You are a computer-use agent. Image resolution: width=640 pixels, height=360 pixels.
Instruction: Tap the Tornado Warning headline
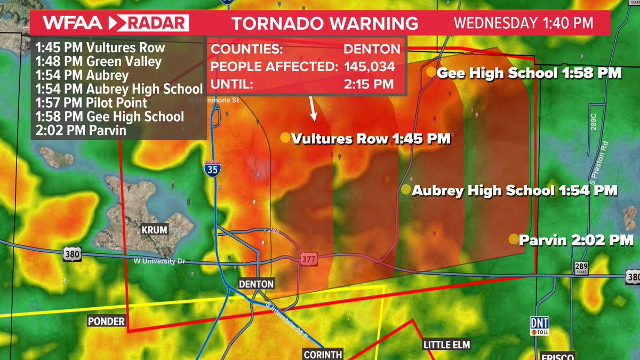tap(324, 23)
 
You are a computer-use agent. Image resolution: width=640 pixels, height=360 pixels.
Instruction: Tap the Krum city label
tap(154, 230)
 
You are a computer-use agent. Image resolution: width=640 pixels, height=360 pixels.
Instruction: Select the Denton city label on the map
tap(257, 284)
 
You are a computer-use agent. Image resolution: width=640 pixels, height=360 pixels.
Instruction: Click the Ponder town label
tap(107, 321)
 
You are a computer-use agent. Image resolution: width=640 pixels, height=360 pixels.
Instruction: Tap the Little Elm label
tap(447, 345)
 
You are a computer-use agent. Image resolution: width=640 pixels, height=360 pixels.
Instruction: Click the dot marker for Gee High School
tap(430, 72)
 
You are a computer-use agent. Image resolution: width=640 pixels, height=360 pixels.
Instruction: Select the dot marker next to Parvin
tap(514, 239)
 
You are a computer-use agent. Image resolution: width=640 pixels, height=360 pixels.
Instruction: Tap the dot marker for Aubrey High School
tap(406, 189)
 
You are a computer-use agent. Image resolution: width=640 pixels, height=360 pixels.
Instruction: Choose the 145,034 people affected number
tap(370, 67)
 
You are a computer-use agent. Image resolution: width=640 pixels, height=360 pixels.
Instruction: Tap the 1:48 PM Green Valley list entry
tap(99, 61)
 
